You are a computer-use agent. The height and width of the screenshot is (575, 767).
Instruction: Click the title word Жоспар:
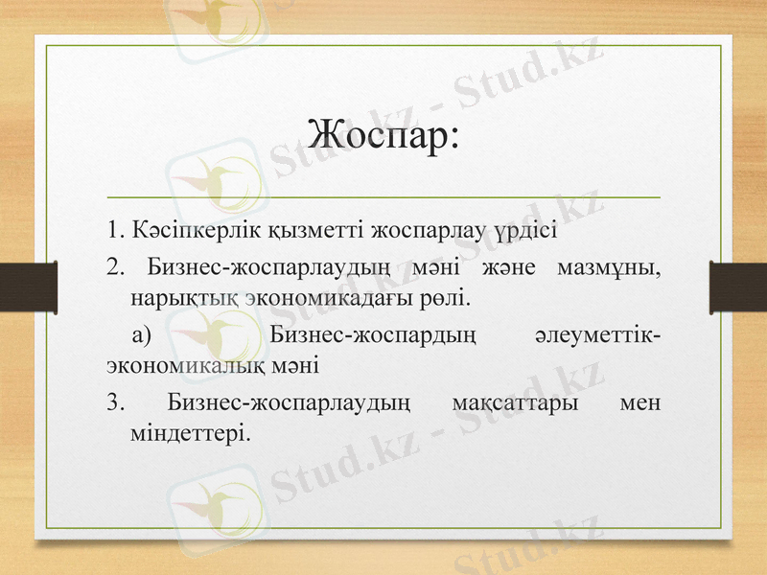[x=383, y=132]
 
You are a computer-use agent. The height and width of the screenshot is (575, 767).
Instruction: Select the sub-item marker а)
[x=142, y=334]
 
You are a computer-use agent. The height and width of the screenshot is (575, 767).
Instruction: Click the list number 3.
[x=115, y=402]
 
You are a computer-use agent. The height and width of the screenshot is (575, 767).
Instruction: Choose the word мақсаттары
[x=514, y=402]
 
